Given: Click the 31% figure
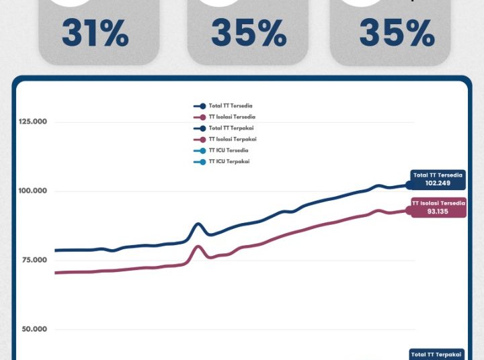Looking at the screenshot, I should coord(95,33).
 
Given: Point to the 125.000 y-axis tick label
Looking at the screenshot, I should coord(33,122).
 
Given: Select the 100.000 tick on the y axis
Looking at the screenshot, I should coord(33,191).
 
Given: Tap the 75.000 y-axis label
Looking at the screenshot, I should coord(33,260).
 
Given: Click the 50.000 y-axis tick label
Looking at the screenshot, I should coord(33,329).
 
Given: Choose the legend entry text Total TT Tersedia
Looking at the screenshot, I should coord(231,106).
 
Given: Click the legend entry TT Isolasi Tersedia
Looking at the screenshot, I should coord(232,118).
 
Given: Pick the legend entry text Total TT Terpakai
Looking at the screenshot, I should coord(231,128).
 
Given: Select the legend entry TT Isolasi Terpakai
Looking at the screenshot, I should coord(233,139).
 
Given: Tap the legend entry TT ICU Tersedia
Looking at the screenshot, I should coord(229,150).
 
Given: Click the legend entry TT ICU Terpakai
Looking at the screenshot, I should coord(229,162).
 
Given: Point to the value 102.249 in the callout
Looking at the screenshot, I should coord(438,183).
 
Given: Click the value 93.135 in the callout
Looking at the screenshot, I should coord(438,210).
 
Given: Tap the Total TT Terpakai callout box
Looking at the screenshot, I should coord(437,354).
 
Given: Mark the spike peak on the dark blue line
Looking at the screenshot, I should coord(198,224).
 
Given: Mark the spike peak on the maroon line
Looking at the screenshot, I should coord(198,246).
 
